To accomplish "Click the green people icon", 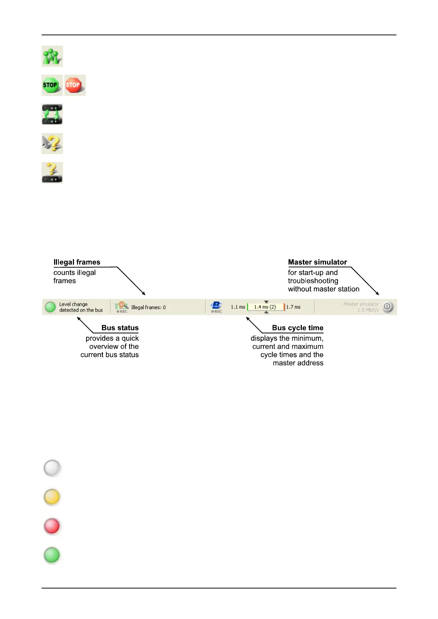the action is [x=52, y=56].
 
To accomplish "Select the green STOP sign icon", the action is [x=52, y=85].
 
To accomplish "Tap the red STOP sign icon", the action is [x=75, y=85].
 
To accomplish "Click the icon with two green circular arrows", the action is [x=52, y=114].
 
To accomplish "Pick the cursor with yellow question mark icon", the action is [x=52, y=143].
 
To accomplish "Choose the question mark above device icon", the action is [x=52, y=172].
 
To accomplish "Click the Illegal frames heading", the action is [x=77, y=262].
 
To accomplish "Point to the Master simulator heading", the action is [x=317, y=262].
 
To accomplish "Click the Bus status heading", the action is [x=120, y=328].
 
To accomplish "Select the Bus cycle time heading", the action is [x=297, y=328].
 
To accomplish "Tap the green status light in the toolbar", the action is [x=50, y=307].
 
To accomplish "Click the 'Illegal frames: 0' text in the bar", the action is [x=148, y=307].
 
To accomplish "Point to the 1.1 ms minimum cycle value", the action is [x=238, y=307].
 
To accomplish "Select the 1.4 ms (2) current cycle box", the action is [x=265, y=307].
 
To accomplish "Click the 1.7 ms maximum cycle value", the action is [x=293, y=307].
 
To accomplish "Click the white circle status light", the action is [x=52, y=468].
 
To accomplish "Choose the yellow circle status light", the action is [x=52, y=497].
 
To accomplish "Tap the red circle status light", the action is [x=52, y=526].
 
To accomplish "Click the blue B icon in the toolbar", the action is [x=216, y=305].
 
